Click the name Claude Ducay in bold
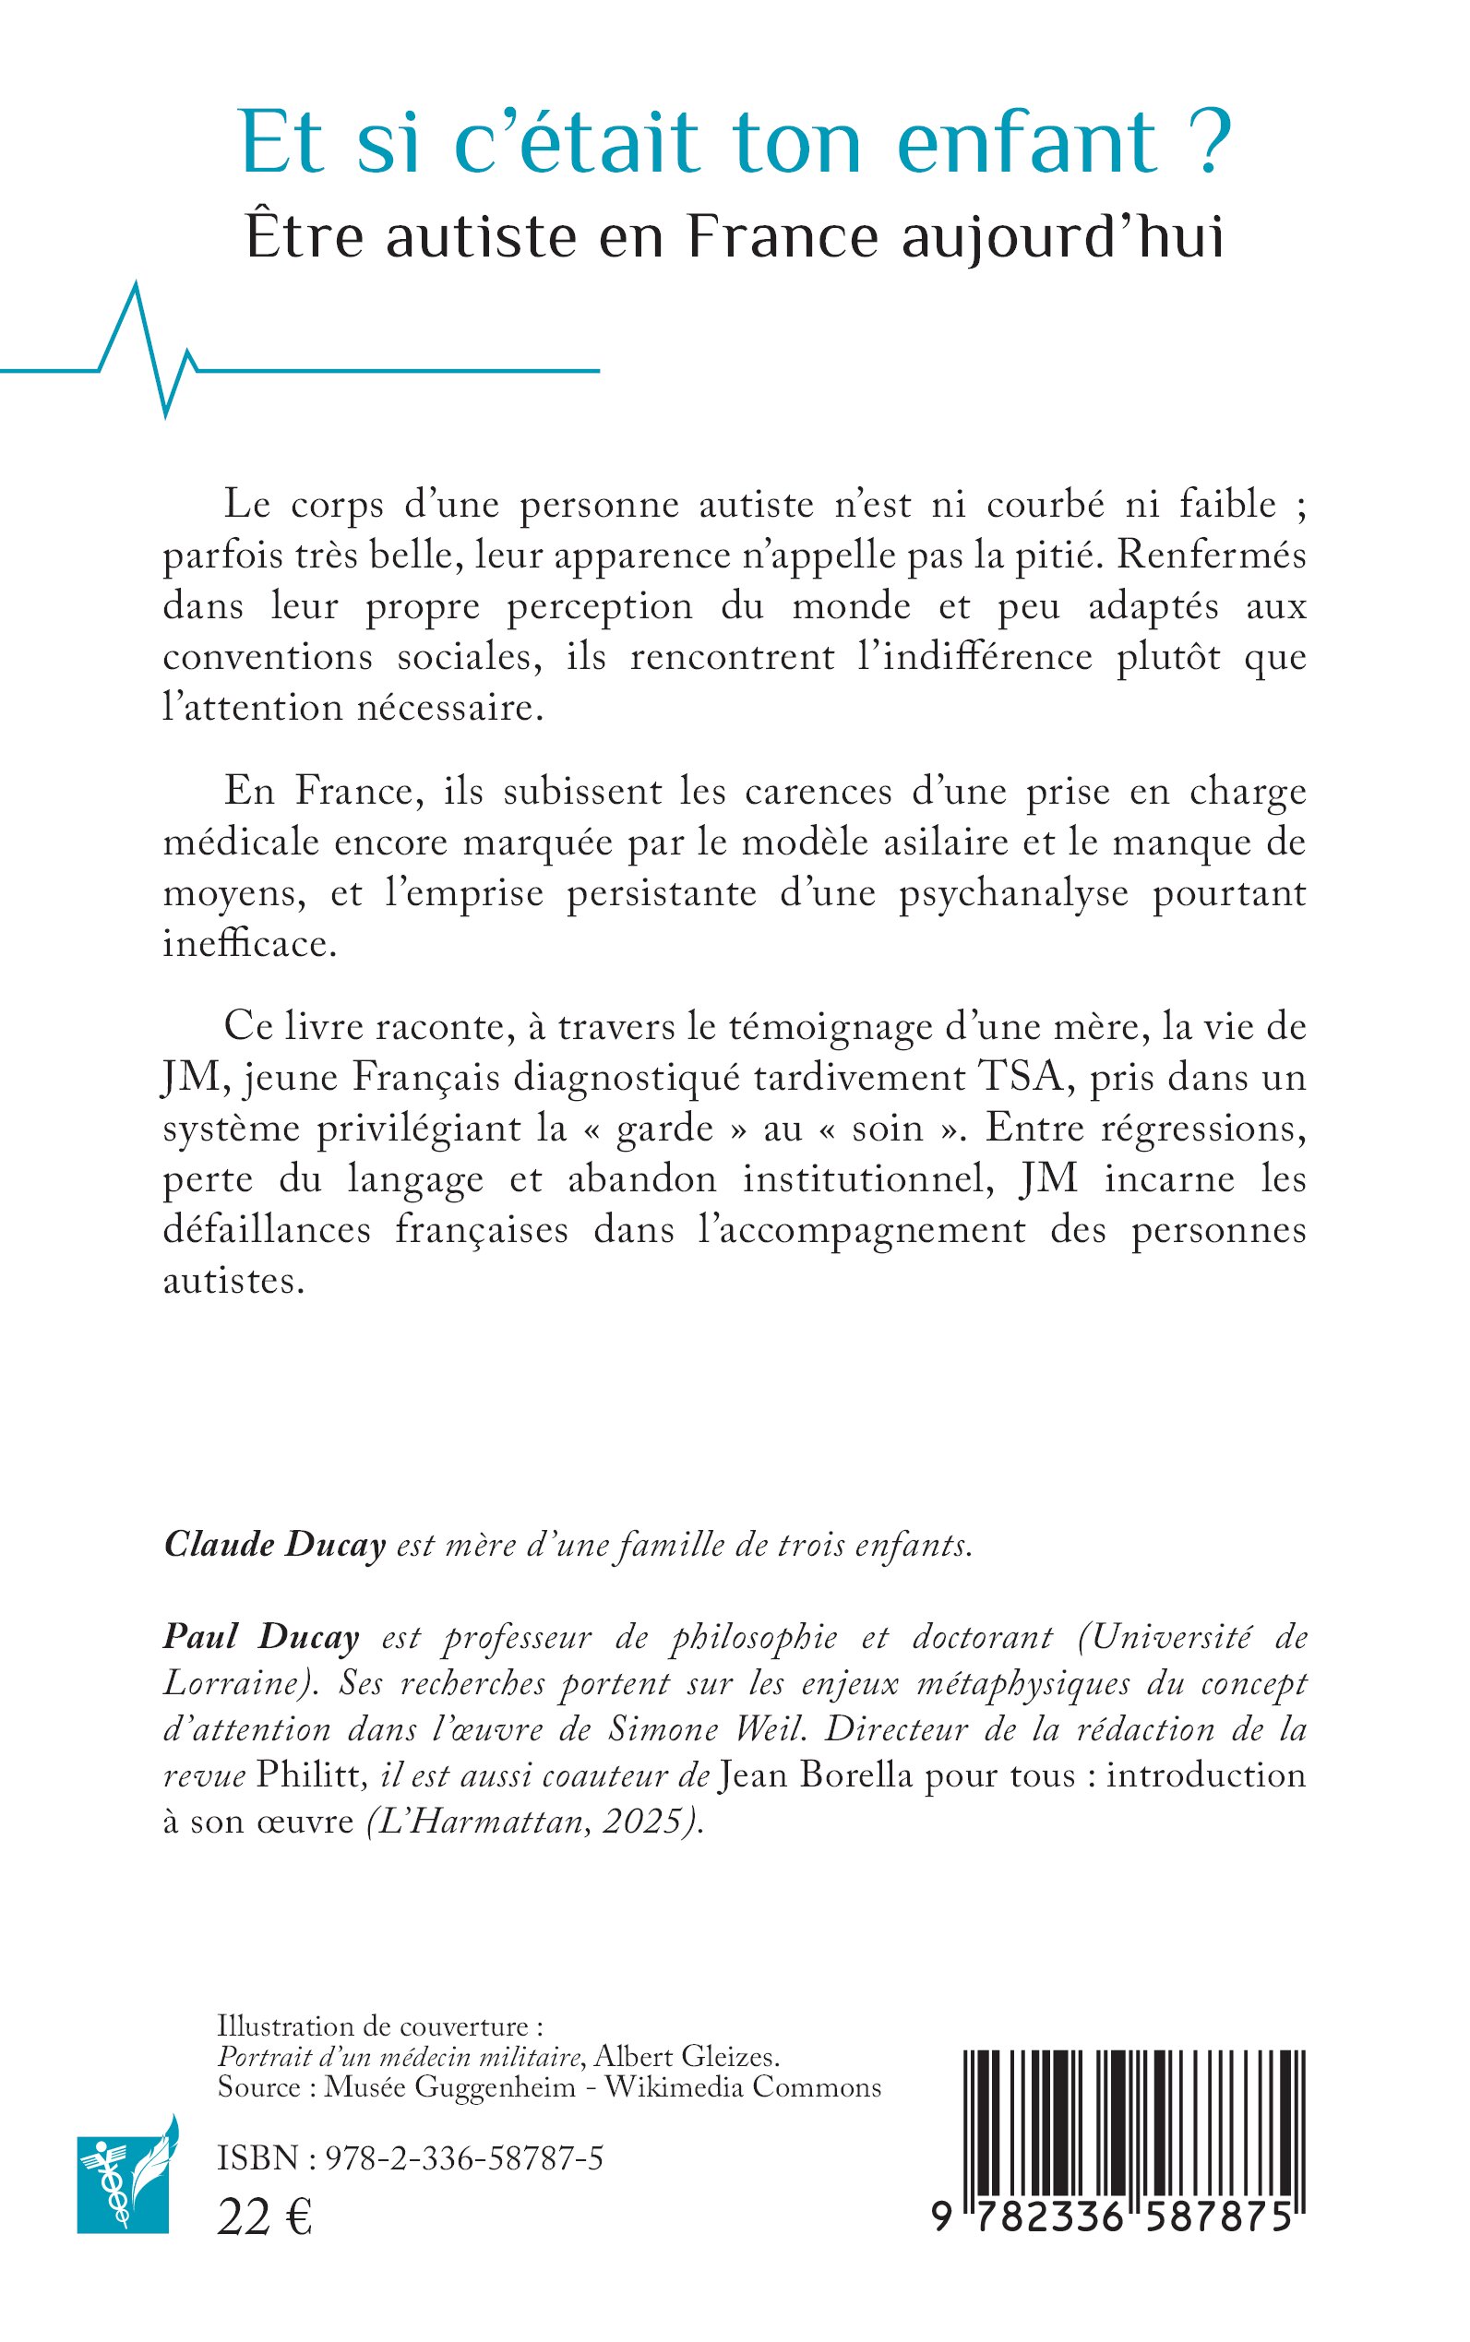[x=275, y=1545]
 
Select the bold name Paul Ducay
[x=260, y=1637]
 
